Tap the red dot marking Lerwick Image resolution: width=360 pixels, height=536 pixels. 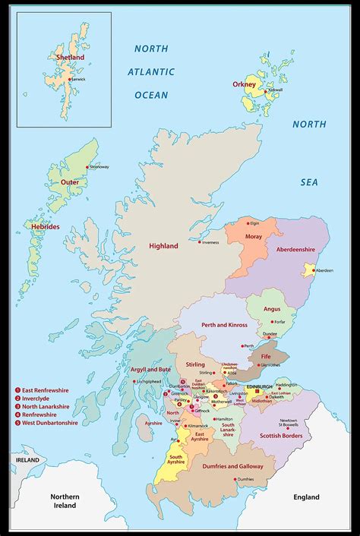point(70,79)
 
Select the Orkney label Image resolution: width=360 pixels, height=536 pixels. point(245,85)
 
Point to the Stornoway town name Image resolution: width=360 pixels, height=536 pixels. point(99,167)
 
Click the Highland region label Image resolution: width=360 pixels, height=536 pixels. point(163,246)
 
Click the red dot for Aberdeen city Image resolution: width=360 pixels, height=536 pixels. point(308,270)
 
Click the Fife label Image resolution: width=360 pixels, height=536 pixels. point(267,355)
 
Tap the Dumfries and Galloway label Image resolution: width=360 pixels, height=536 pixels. point(226,466)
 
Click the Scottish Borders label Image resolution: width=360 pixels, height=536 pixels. point(281,436)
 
